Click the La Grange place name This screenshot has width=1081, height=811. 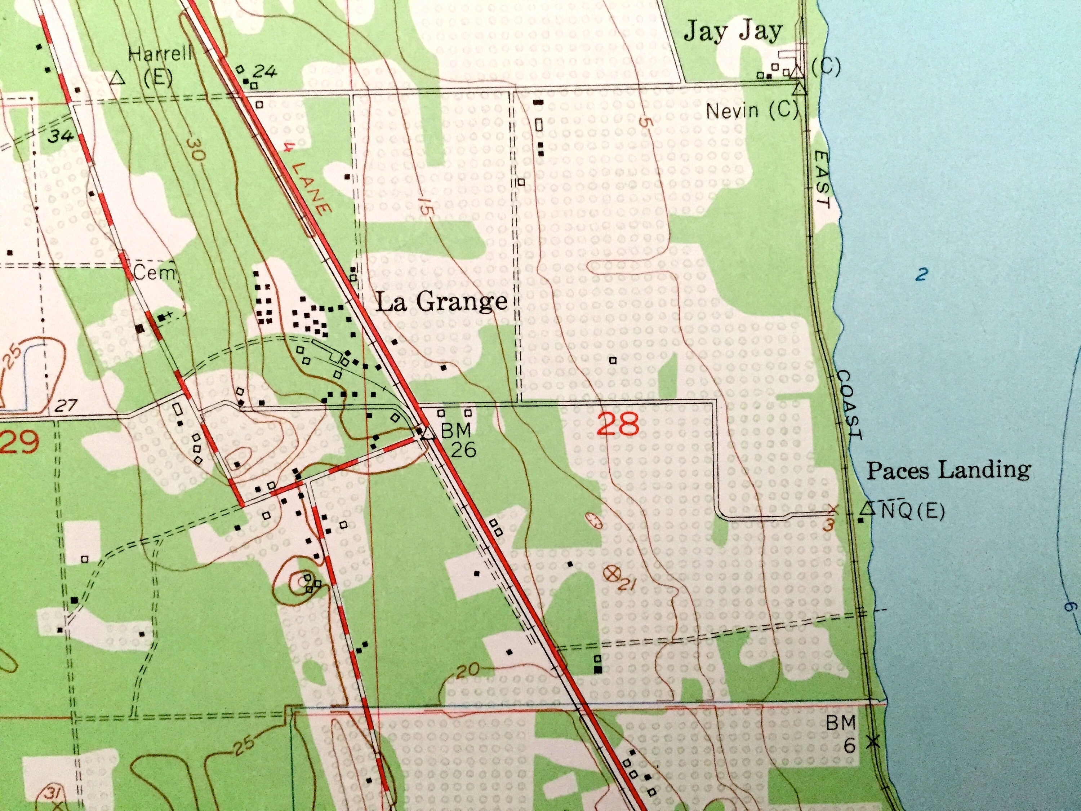click(x=441, y=303)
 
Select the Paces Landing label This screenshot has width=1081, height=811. click(x=948, y=470)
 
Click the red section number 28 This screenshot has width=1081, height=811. click(x=618, y=424)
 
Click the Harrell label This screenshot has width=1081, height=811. click(x=160, y=53)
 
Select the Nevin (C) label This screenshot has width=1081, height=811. click(x=751, y=111)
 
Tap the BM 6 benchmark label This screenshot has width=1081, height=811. click(x=841, y=733)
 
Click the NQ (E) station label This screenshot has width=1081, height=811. click(x=912, y=511)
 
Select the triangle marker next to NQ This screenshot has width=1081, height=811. click(x=867, y=509)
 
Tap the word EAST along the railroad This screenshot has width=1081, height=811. click(x=823, y=180)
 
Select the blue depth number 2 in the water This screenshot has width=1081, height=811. click(x=921, y=275)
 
